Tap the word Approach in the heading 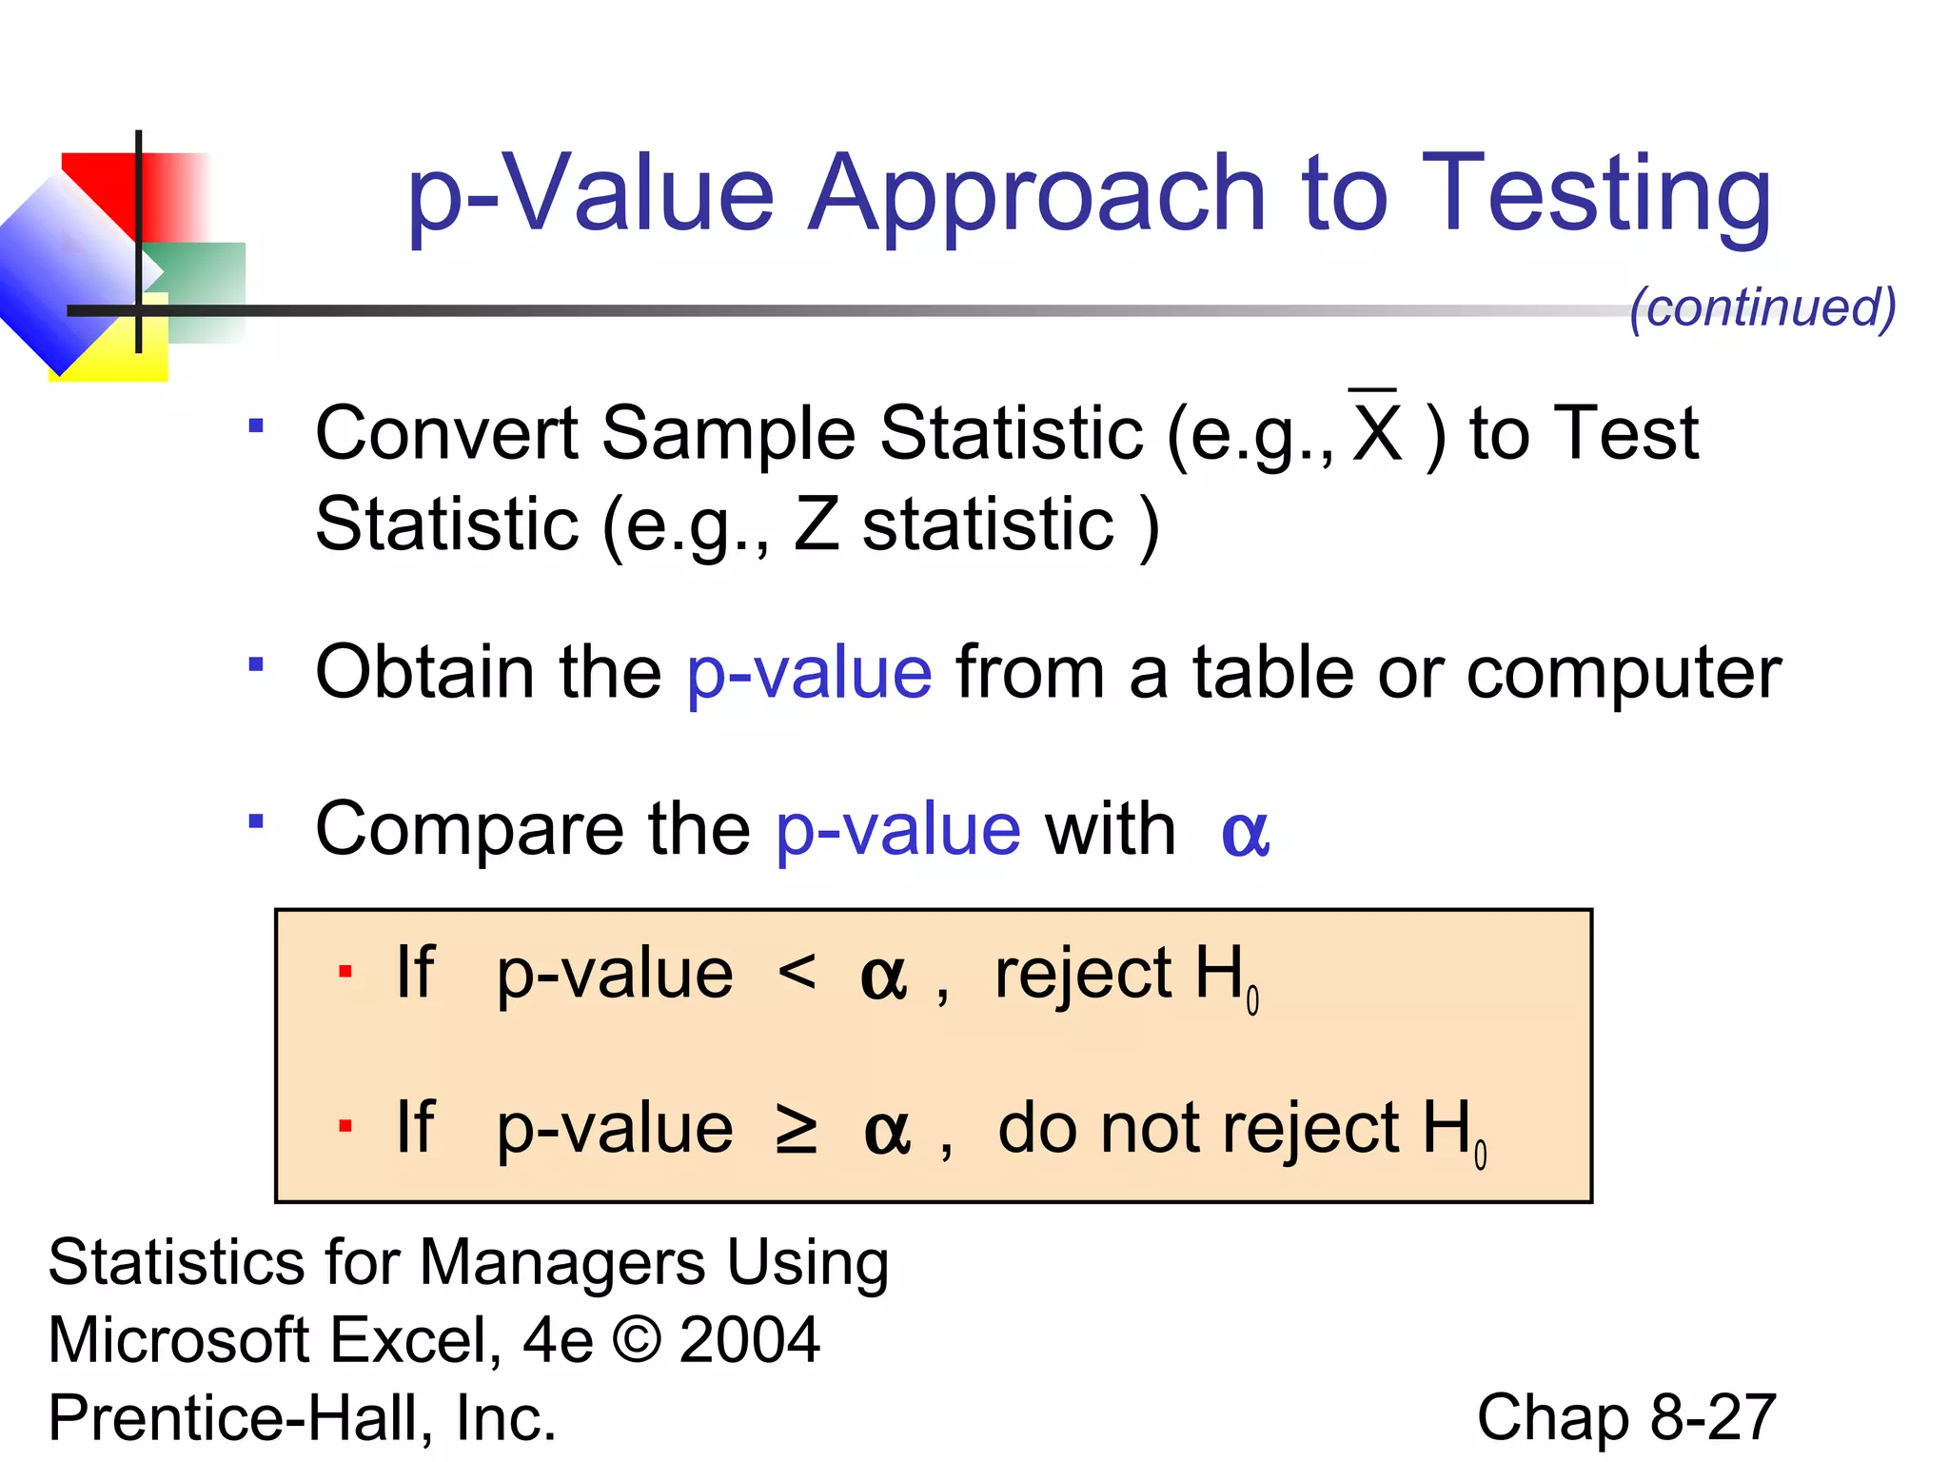[x=1037, y=195]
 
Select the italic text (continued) [x=1762, y=307]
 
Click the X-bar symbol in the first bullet [x=1375, y=428]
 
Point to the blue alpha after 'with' [x=1245, y=832]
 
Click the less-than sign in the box [x=797, y=972]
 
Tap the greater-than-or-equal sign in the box [x=796, y=1130]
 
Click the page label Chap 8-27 [x=1625, y=1417]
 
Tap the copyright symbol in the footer [x=637, y=1339]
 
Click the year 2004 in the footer [x=750, y=1339]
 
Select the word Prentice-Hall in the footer [x=234, y=1417]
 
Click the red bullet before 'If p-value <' [x=345, y=972]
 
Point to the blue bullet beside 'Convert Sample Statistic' [x=255, y=425]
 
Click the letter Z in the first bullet [x=816, y=524]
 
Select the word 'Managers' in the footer [x=561, y=1263]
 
